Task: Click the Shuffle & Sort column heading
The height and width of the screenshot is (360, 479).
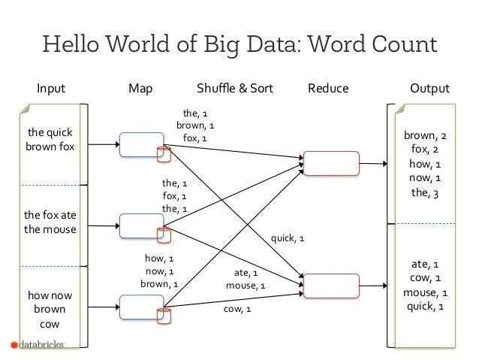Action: point(234,89)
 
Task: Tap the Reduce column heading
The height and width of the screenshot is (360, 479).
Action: point(328,89)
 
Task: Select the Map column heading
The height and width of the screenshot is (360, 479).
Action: point(140,89)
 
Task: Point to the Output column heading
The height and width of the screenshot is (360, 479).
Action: point(429,89)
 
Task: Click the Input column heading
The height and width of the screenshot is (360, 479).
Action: point(51,89)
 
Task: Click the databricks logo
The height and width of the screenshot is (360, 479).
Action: point(38,345)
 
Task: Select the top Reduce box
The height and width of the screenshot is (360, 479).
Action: point(331,163)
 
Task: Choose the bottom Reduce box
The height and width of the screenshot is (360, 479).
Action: point(331,286)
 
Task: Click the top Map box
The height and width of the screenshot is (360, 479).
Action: point(142,144)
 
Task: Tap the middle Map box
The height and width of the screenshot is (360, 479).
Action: point(142,225)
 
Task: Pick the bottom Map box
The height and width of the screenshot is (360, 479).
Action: point(142,307)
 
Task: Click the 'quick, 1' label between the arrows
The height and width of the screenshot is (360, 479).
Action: point(288,238)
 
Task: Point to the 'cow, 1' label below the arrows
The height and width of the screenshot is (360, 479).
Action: point(237,309)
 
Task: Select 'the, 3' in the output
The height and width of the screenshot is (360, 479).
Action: point(425,193)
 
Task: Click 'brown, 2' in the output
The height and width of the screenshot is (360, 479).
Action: point(425,135)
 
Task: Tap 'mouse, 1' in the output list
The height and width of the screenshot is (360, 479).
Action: point(425,292)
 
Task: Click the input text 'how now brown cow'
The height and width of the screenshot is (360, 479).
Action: point(50,309)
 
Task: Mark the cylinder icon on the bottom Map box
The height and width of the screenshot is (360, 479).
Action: point(164,316)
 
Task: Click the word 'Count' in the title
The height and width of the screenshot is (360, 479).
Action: point(405,44)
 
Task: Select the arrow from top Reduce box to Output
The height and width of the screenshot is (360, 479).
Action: point(373,164)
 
